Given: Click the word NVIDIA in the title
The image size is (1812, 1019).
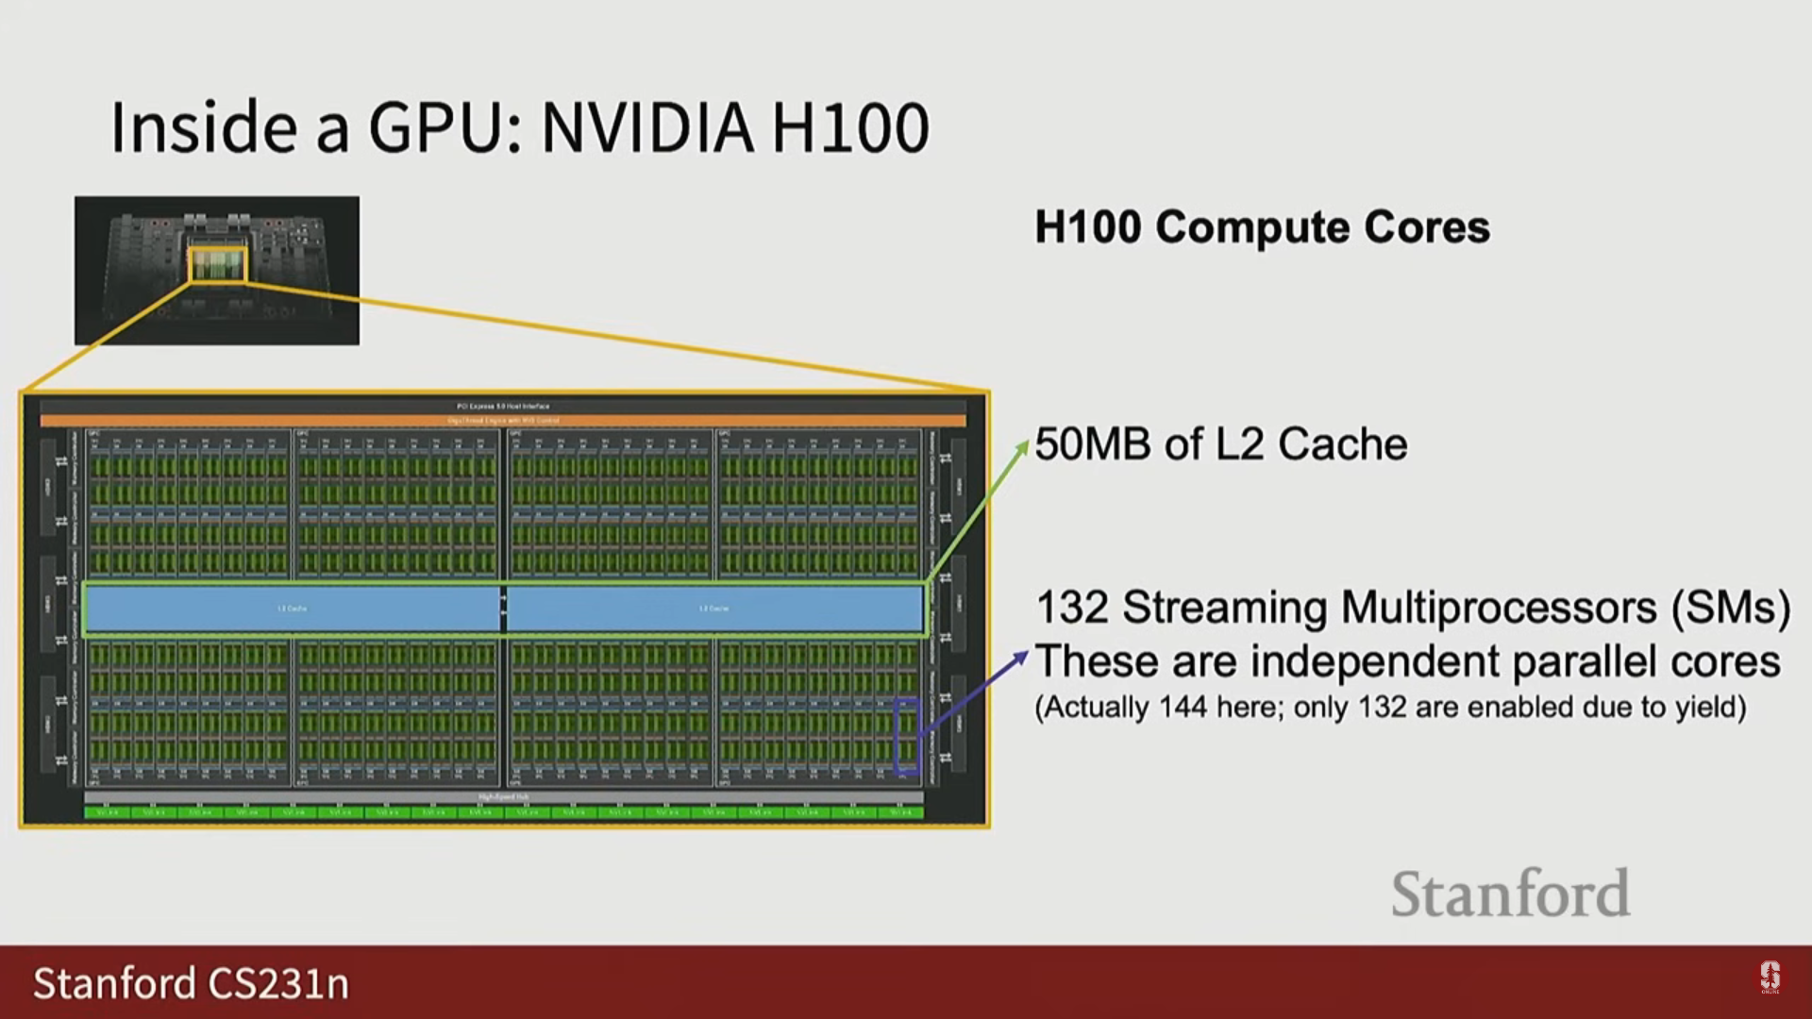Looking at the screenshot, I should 647,128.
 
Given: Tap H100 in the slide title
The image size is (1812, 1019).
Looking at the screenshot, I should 850,128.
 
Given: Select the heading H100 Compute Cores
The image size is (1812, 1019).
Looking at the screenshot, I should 1262,227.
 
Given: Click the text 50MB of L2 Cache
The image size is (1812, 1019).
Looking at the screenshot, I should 1220,444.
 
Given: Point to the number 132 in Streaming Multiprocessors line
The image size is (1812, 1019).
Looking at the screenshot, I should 1071,608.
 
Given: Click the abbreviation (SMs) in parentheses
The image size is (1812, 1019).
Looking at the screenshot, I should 1730,608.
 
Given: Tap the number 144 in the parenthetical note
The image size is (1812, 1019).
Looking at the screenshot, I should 1183,708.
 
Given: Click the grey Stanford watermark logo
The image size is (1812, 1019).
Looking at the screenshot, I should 1510,894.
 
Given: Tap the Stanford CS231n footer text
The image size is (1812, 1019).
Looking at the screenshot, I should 191,983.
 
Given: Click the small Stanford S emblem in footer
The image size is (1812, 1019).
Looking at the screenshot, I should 1770,977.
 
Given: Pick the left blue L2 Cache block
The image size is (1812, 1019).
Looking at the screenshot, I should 292,609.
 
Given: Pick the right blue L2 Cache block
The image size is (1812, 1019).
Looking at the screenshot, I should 714,609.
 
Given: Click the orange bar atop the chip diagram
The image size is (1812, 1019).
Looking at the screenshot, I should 503,420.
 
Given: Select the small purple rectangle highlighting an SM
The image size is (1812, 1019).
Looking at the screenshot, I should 906,736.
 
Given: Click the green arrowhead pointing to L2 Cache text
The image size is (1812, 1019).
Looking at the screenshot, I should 1022,446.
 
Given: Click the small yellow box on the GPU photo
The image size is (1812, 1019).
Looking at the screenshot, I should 218,265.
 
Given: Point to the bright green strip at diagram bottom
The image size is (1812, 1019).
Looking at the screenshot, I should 503,811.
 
